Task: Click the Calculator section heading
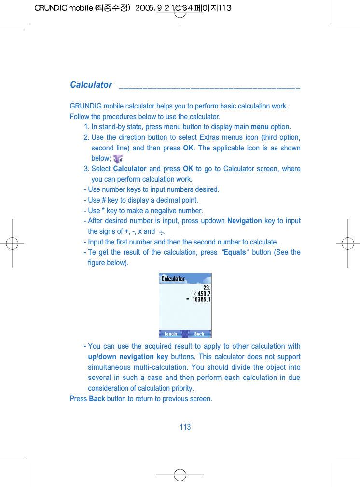(91, 85)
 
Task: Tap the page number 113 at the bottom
(185, 427)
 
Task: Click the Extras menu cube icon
(117, 158)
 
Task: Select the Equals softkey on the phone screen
(171, 334)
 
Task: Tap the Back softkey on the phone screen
(199, 334)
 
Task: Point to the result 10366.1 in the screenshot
(201, 299)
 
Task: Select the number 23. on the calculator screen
(207, 287)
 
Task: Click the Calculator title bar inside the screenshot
(173, 279)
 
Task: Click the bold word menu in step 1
(260, 127)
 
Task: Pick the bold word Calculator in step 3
(129, 169)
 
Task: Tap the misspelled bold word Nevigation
(244, 221)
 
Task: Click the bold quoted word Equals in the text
(235, 252)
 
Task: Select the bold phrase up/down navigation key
(128, 357)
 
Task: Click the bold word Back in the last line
(97, 399)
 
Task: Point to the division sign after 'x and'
(161, 232)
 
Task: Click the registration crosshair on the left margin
(13, 243)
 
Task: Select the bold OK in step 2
(188, 148)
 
